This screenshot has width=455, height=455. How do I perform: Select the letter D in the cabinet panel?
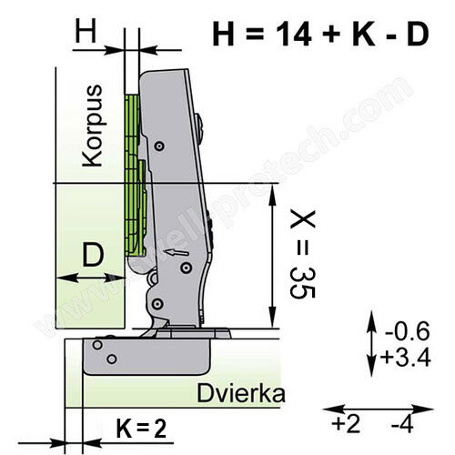click(x=90, y=256)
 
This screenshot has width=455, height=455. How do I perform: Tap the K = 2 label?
click(x=140, y=426)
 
